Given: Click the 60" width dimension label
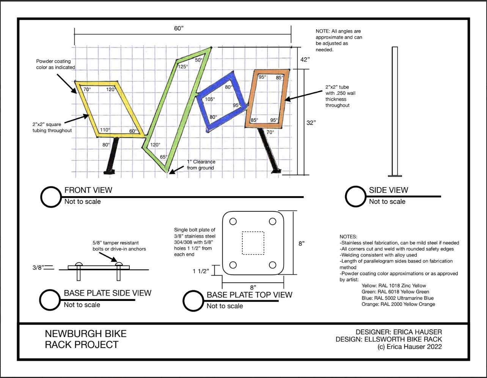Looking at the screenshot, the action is [x=179, y=28].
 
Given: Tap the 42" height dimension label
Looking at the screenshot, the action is [x=305, y=60].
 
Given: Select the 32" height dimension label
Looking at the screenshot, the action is [x=311, y=123].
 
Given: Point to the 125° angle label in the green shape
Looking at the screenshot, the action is [x=183, y=66].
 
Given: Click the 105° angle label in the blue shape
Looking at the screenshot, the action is [x=210, y=99].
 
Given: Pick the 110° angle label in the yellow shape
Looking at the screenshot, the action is [x=105, y=130].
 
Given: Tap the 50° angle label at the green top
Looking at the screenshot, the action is [x=198, y=60].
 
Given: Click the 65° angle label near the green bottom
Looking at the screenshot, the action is [x=163, y=157].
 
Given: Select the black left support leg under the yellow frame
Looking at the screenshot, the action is [x=112, y=155].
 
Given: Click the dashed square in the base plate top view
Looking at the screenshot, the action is [x=253, y=243].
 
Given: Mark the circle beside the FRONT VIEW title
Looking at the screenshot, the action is [x=51, y=197].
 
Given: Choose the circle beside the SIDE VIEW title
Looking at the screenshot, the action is [x=356, y=197].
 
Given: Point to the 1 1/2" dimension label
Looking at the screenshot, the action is [x=201, y=271].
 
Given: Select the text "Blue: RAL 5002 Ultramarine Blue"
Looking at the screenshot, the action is [x=397, y=298].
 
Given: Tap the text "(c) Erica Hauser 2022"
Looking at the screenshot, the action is [x=410, y=346].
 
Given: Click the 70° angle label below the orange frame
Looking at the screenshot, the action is [x=270, y=132].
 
